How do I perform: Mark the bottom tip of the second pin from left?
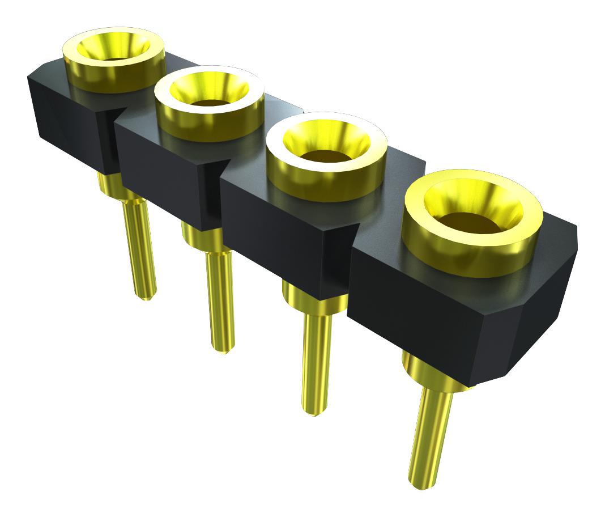(223, 349)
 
